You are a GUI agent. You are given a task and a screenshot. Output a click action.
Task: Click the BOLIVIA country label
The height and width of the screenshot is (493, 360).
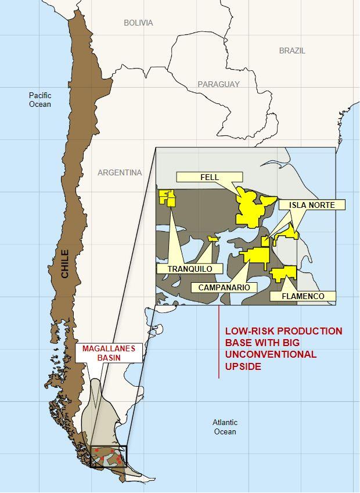[x=138, y=23]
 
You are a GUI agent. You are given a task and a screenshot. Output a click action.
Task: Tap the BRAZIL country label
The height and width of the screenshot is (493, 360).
[x=292, y=51]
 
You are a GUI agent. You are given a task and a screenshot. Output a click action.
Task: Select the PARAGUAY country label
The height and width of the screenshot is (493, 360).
[x=218, y=84]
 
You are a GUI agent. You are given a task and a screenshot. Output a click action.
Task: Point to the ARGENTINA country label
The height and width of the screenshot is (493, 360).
[x=120, y=172]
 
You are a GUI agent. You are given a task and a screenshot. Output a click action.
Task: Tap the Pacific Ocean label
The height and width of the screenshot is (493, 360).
[x=40, y=100]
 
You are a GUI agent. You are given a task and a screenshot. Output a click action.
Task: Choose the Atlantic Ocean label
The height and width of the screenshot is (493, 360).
[x=225, y=427]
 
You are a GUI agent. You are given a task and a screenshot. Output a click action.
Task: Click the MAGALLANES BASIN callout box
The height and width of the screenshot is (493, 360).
[x=109, y=353]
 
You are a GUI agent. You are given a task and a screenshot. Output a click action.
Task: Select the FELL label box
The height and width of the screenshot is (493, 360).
[x=209, y=177]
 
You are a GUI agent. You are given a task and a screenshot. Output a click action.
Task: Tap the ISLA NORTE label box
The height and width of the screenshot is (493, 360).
[x=312, y=204]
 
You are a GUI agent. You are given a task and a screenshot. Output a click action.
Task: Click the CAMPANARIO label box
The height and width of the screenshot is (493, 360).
[x=224, y=287]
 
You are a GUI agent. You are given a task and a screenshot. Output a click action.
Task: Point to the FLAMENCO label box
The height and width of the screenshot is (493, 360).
[x=303, y=296]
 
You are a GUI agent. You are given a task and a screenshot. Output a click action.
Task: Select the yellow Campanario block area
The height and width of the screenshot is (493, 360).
[x=257, y=256]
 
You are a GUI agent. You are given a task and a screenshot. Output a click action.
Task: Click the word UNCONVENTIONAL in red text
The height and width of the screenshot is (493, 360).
[x=271, y=354]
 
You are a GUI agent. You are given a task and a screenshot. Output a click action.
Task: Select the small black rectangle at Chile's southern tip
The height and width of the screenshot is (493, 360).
[x=108, y=456]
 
